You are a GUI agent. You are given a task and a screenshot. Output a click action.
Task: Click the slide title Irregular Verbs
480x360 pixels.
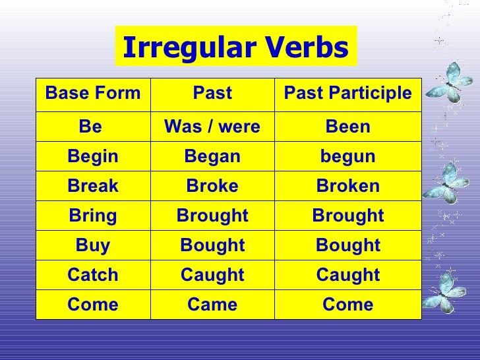coord(235,47)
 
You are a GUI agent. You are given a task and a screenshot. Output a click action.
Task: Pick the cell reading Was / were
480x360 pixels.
coord(212,127)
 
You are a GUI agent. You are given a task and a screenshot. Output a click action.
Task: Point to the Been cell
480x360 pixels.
coord(348,127)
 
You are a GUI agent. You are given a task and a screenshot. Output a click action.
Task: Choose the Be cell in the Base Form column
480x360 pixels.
coord(93,127)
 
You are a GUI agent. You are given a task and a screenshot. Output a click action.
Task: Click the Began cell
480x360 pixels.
coord(212,156)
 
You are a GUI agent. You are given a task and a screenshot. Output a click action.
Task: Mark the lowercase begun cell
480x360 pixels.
coord(348,156)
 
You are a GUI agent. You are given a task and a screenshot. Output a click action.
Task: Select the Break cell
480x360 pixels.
coord(93,186)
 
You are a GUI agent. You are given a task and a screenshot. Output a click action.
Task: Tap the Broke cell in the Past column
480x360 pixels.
coord(212,186)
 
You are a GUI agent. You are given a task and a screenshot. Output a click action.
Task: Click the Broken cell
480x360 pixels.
coord(348,186)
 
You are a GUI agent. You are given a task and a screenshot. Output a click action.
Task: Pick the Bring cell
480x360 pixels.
coord(93,216)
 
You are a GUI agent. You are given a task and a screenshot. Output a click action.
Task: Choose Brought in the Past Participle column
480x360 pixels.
coord(348,216)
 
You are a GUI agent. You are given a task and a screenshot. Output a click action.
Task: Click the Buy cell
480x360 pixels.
coord(93,245)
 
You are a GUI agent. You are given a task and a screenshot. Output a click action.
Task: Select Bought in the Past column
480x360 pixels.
coord(212,245)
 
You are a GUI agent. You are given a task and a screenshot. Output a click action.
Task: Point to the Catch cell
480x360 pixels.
coord(93,275)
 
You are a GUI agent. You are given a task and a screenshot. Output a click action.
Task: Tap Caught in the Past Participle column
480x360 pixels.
coord(348,275)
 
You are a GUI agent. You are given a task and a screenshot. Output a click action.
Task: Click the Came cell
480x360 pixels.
coord(212,305)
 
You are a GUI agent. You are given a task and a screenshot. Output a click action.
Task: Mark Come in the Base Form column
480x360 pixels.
coord(93,305)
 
